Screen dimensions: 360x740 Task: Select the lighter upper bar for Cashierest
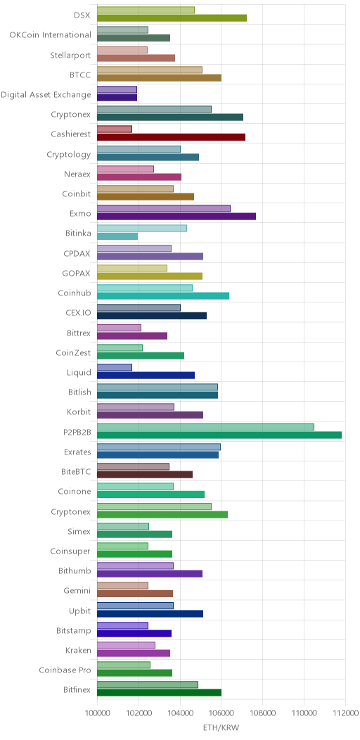point(115,129)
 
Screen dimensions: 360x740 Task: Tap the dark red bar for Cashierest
point(172,137)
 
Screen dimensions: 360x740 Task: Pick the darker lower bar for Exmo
point(176,217)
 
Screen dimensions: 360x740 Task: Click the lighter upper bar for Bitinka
point(142,229)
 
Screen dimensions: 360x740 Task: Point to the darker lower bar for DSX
point(172,18)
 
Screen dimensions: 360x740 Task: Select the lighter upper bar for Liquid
point(115,367)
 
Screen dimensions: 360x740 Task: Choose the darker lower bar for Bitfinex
point(160,693)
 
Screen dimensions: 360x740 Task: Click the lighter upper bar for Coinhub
point(145,288)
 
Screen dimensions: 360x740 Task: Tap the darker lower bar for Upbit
point(150,613)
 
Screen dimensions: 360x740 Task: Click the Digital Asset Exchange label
point(46,94)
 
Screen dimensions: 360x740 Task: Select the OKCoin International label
point(51,35)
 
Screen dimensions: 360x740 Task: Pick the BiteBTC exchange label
point(76,471)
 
